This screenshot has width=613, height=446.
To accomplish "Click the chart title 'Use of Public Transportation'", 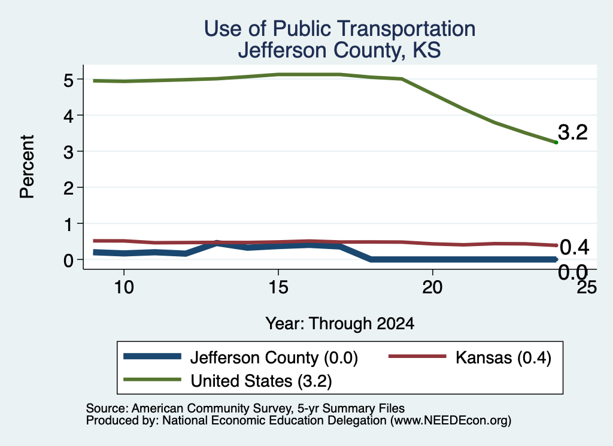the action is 340,29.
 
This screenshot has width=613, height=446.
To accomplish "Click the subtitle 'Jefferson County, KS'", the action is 339,50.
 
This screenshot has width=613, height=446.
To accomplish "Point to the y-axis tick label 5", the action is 68,80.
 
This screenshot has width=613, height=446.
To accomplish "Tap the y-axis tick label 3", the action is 68,152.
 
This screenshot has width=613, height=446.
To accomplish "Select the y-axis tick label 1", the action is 69,224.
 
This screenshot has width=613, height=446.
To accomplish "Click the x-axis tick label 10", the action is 124,288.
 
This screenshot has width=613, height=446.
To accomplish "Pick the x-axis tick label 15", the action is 278,288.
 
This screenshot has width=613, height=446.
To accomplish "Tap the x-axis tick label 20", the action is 432,288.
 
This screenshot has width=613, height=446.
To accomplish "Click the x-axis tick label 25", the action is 587,288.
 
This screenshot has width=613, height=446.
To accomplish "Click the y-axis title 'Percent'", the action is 28,166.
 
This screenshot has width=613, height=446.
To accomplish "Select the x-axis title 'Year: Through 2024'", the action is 340,324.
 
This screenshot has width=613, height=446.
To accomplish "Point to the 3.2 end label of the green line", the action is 573,132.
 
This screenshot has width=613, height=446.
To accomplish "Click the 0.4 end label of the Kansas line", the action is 574,247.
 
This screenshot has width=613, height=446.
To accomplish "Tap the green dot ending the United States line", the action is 556,142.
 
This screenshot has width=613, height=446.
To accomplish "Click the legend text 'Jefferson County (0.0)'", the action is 274,358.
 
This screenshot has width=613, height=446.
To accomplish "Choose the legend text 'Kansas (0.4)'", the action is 503,358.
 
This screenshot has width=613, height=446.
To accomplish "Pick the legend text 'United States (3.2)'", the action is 261,381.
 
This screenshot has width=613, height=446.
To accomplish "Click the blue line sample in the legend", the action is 153,356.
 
